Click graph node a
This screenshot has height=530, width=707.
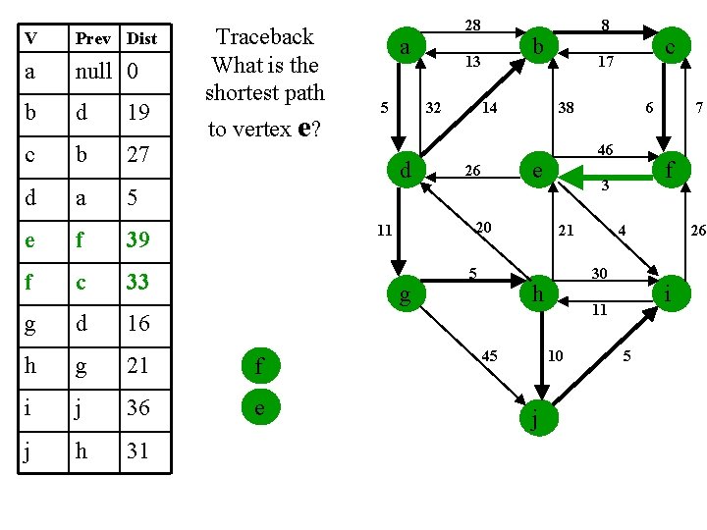[404, 45]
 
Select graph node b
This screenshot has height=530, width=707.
[536, 45]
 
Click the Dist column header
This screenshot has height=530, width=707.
[141, 38]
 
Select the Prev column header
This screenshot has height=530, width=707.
[94, 38]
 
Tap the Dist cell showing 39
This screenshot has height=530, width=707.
[138, 238]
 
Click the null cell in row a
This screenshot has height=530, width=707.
[94, 72]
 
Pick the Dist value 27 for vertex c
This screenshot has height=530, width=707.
[138, 154]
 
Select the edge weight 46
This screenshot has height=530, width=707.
[605, 150]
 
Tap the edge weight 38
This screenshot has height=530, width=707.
[566, 108]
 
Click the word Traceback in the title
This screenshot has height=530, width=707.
[265, 37]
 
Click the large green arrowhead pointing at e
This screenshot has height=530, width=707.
[573, 177]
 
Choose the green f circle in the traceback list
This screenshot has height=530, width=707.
[259, 368]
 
